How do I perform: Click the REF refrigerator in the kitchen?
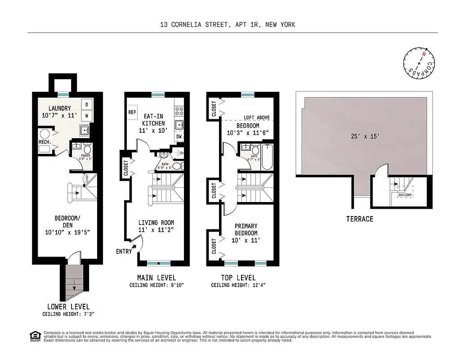click(132, 112)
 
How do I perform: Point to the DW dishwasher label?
click(179, 136)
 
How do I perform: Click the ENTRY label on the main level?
click(124, 251)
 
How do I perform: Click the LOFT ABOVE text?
click(257, 117)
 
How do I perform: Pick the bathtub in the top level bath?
click(267, 157)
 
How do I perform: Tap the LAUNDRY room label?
click(59, 108)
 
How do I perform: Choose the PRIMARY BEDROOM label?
click(246, 229)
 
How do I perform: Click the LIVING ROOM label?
click(156, 223)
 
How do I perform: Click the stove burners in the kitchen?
click(179, 109)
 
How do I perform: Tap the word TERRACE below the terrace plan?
click(359, 219)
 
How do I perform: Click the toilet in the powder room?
click(88, 149)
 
